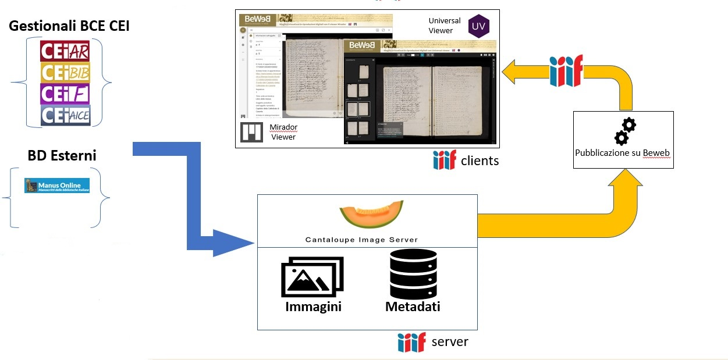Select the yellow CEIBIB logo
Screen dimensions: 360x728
(65, 72)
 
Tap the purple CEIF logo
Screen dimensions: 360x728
(65, 94)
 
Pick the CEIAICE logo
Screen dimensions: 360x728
(65, 115)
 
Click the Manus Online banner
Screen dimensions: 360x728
(56, 186)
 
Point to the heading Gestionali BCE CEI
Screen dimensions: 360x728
(69, 26)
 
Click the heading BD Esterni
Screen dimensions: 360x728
(62, 155)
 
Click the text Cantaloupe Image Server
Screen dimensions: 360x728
(361, 240)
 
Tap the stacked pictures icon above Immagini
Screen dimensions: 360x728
(312, 277)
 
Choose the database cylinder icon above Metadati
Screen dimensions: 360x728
(413, 274)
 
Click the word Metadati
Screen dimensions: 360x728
(413, 306)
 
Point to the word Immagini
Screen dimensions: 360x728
(313, 306)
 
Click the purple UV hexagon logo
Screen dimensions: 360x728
(479, 26)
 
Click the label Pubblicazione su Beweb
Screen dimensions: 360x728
(623, 154)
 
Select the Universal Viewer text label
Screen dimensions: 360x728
(444, 26)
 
